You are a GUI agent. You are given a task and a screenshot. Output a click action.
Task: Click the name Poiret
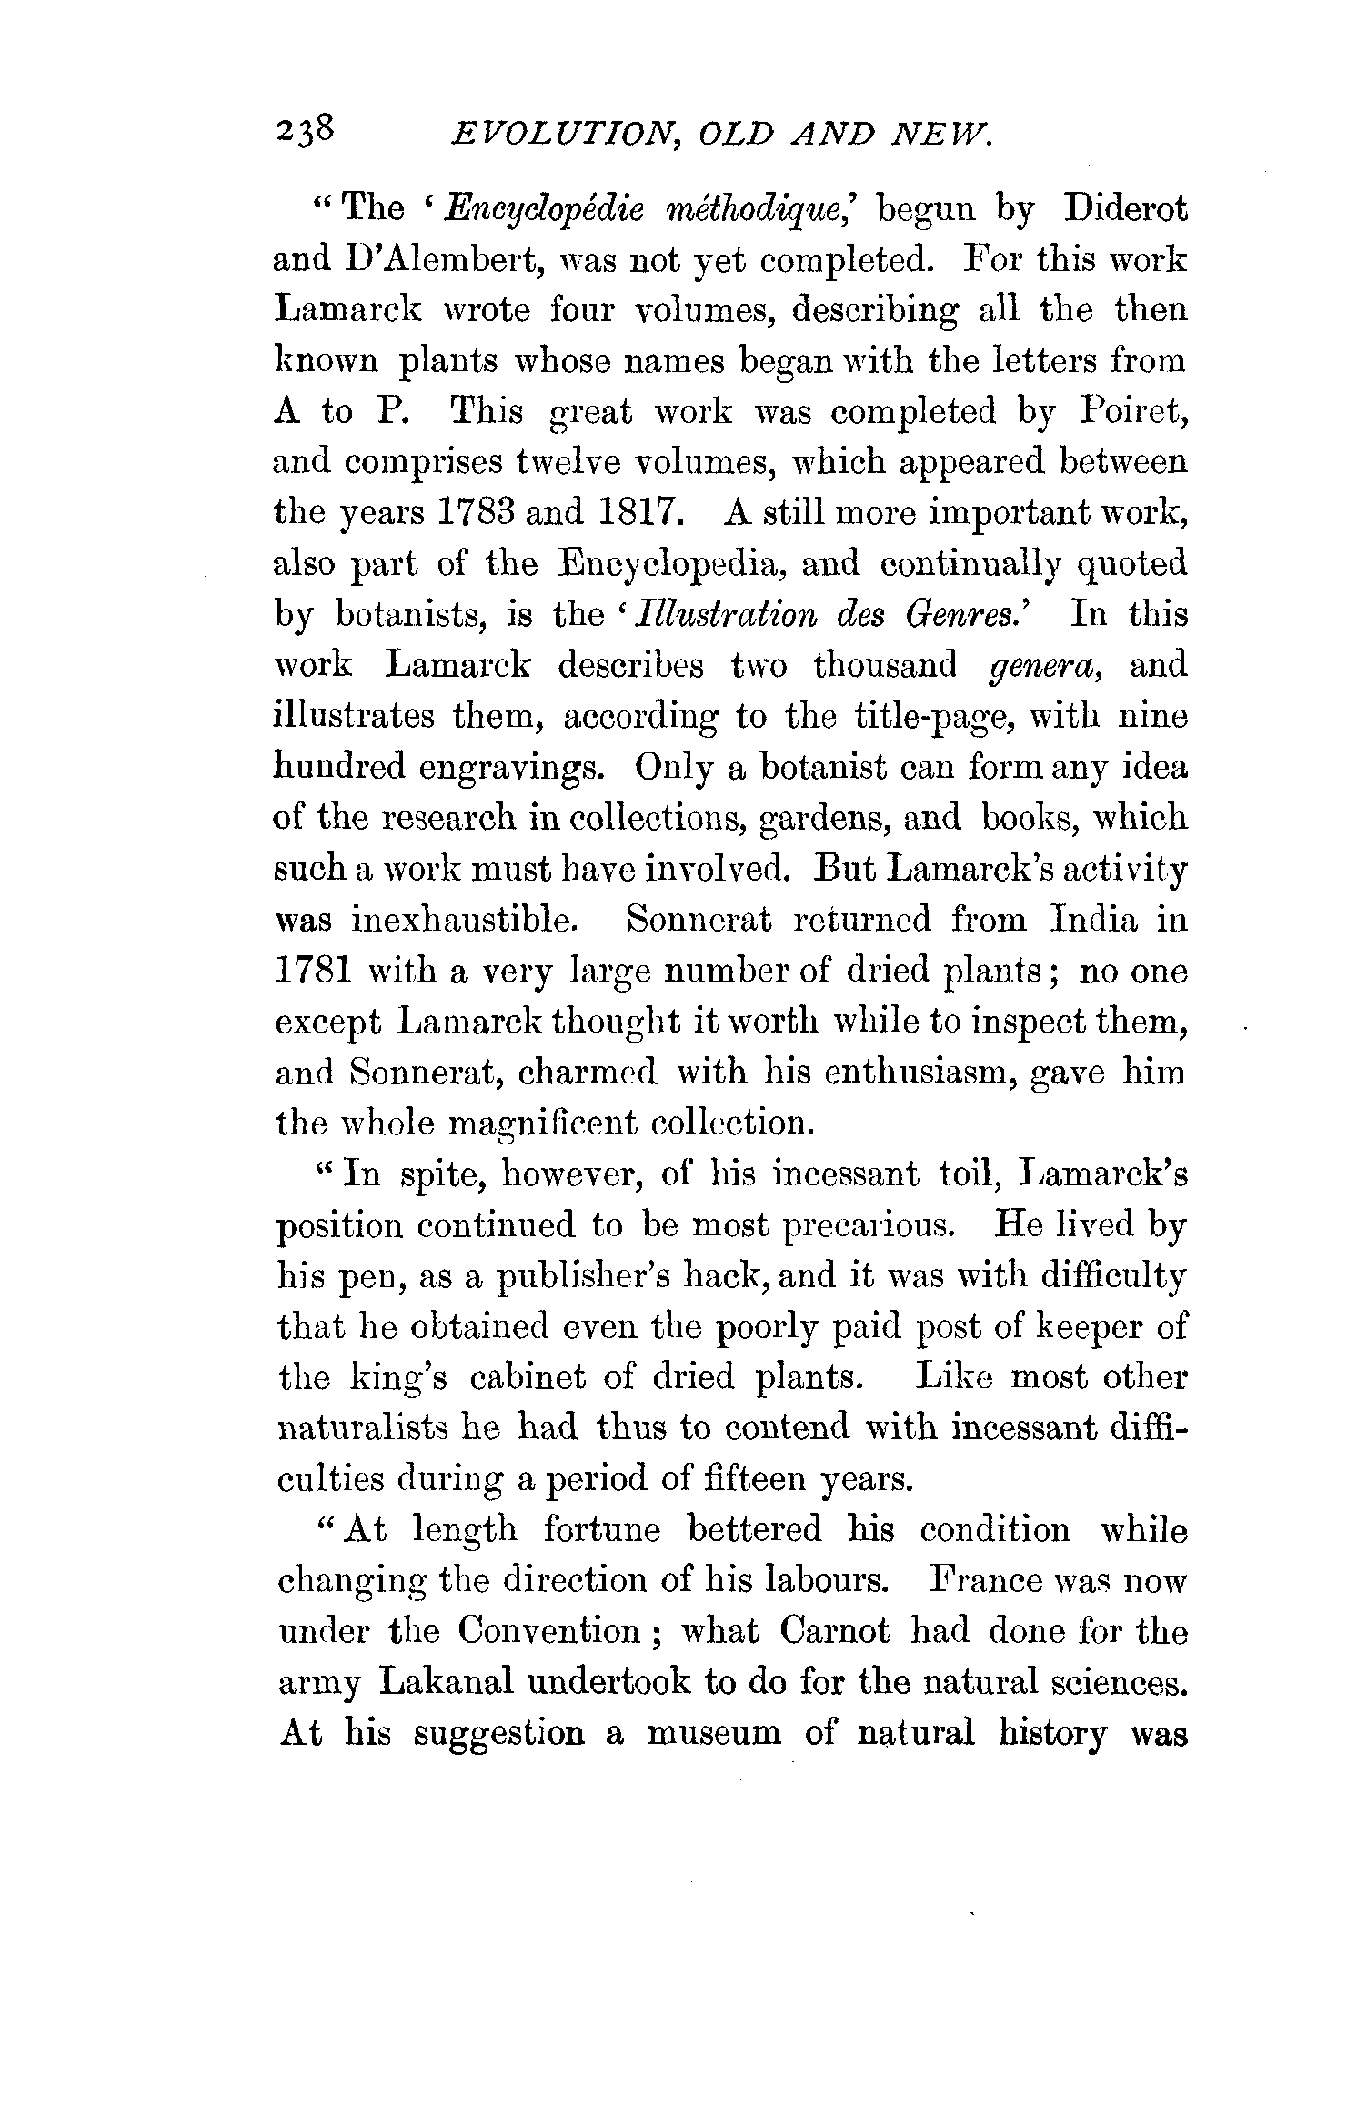(1132, 412)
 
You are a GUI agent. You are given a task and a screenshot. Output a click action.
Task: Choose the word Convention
(550, 1632)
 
